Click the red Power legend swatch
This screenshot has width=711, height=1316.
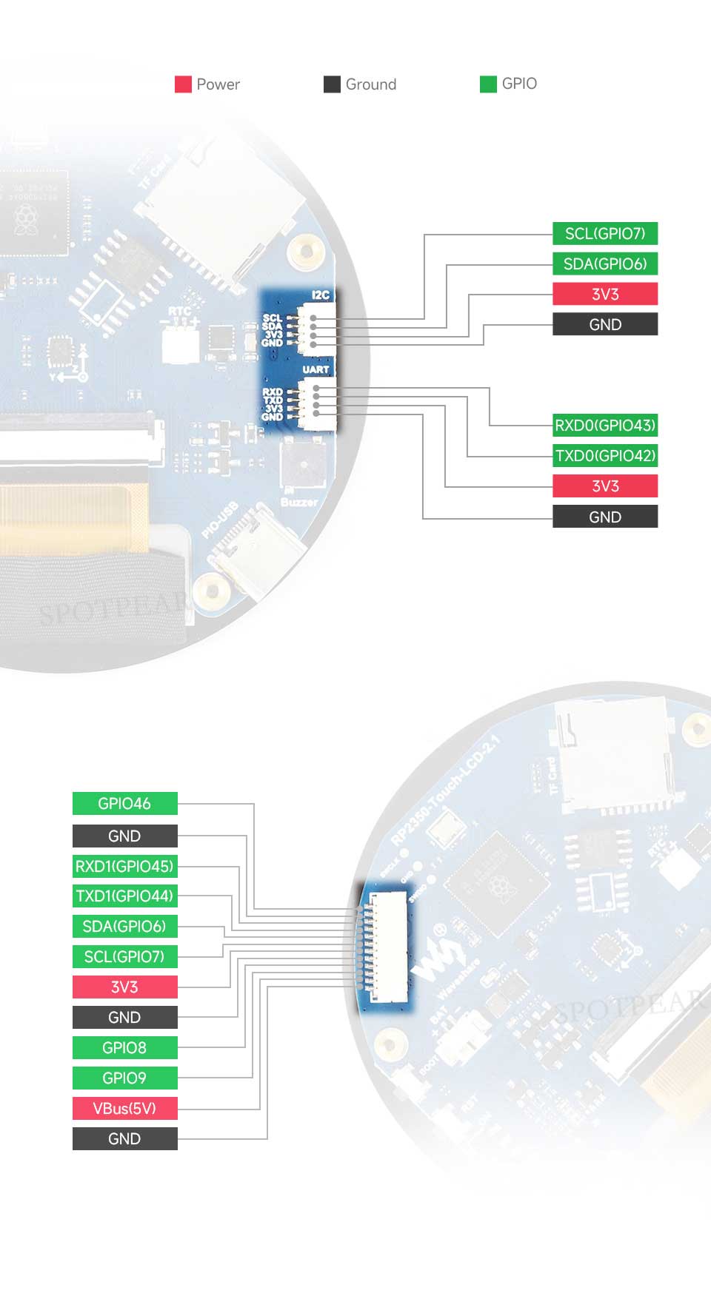[183, 84]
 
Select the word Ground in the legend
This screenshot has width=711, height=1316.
[370, 84]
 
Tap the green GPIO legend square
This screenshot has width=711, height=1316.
[488, 84]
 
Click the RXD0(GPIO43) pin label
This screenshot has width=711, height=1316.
[605, 426]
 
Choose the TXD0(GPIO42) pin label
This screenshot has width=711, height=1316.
[605, 456]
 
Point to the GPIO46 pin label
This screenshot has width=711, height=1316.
[124, 804]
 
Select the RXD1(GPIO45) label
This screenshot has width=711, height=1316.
[124, 866]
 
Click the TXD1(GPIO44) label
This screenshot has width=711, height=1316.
[124, 896]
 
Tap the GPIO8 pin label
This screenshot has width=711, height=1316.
[124, 1048]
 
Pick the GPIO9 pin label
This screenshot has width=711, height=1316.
[124, 1078]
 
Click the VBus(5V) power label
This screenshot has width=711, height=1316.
[124, 1109]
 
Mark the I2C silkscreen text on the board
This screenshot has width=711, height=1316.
[321, 295]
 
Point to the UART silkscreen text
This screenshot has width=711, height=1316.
[316, 369]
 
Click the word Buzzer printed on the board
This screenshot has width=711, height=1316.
[298, 502]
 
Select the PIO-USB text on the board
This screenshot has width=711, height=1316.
[219, 520]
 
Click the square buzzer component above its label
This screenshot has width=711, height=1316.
[303, 463]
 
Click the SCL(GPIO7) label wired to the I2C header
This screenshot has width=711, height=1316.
[605, 234]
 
